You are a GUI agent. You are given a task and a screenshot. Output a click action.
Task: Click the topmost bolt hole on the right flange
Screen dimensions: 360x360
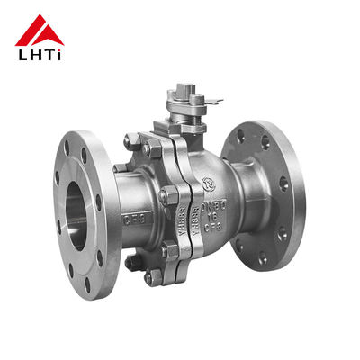tap(240, 135)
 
